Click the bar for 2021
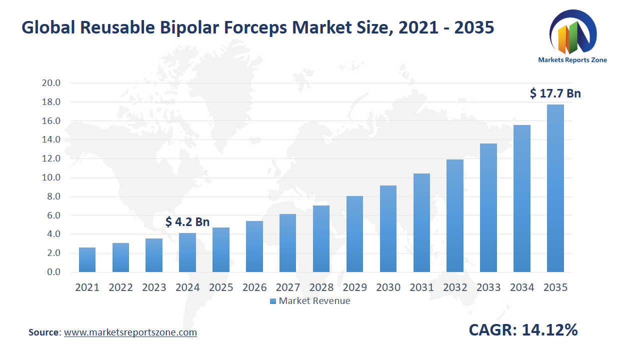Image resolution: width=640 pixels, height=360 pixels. tap(87, 260)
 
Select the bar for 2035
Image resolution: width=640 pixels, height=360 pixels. tap(555, 188)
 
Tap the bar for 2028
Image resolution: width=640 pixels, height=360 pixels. tap(321, 239)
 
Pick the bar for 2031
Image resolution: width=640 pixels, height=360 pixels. tap(421, 223)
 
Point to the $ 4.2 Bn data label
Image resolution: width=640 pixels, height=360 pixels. tap(187, 222)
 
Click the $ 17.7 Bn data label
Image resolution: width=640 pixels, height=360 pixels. tap(555, 93)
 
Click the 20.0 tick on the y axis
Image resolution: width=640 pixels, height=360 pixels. tap(51, 83)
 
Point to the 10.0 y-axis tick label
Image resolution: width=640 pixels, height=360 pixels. tap(51, 177)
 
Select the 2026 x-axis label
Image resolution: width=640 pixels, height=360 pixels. tap(254, 287)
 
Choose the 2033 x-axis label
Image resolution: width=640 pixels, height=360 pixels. tap(488, 287)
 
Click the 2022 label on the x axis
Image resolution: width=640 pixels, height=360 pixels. tap(120, 287)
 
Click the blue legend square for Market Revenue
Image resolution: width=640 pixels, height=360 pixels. tap(272, 301)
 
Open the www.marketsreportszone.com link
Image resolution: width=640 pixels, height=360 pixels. tap(130, 332)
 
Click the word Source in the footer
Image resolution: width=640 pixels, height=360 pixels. tap(44, 332)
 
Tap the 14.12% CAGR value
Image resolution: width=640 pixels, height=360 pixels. tap(549, 330)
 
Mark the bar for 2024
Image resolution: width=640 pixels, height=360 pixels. tap(187, 252)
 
